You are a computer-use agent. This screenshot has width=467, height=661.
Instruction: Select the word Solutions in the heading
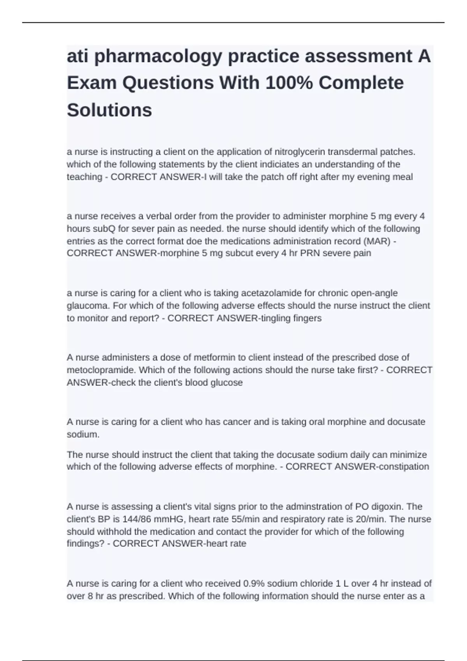[109, 110]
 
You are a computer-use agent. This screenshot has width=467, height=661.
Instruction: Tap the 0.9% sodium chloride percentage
[254, 584]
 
